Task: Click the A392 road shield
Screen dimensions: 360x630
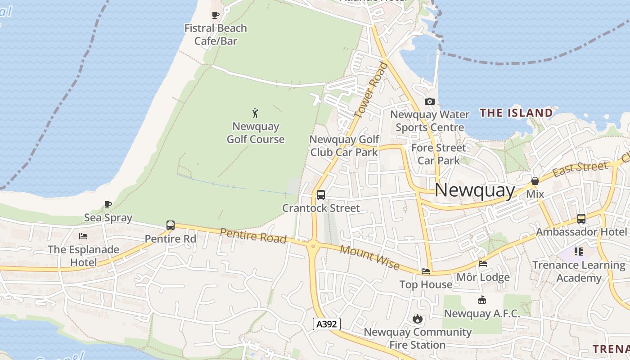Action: pos(327,324)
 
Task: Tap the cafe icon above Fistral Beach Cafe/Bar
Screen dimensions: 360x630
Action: pos(216,15)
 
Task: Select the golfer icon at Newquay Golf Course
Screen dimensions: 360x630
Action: pos(256,113)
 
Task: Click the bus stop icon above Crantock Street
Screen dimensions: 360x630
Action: pos(321,195)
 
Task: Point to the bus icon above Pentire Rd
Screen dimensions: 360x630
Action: pos(171,225)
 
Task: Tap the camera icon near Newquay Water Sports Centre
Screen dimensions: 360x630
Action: pos(430,102)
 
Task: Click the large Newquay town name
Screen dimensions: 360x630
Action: pos(475,190)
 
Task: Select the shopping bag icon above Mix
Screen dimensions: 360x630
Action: pos(535,181)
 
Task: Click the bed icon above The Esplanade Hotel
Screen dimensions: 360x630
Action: pos(83,236)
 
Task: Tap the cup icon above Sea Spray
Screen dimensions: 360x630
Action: pos(108,205)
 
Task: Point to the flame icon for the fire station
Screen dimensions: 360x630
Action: pos(418,319)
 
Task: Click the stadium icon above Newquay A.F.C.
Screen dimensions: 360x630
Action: pos(482,300)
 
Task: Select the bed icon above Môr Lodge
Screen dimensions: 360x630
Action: pos(483,264)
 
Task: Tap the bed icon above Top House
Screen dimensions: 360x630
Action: pos(426,271)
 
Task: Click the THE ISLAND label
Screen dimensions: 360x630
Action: pos(516,113)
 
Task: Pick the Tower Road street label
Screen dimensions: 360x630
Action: pos(371,90)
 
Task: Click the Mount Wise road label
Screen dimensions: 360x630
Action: pos(369,258)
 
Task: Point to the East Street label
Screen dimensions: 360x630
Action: pos(580,169)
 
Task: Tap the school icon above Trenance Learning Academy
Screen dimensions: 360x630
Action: pos(579,251)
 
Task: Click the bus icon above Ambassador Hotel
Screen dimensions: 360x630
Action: pos(581,219)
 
